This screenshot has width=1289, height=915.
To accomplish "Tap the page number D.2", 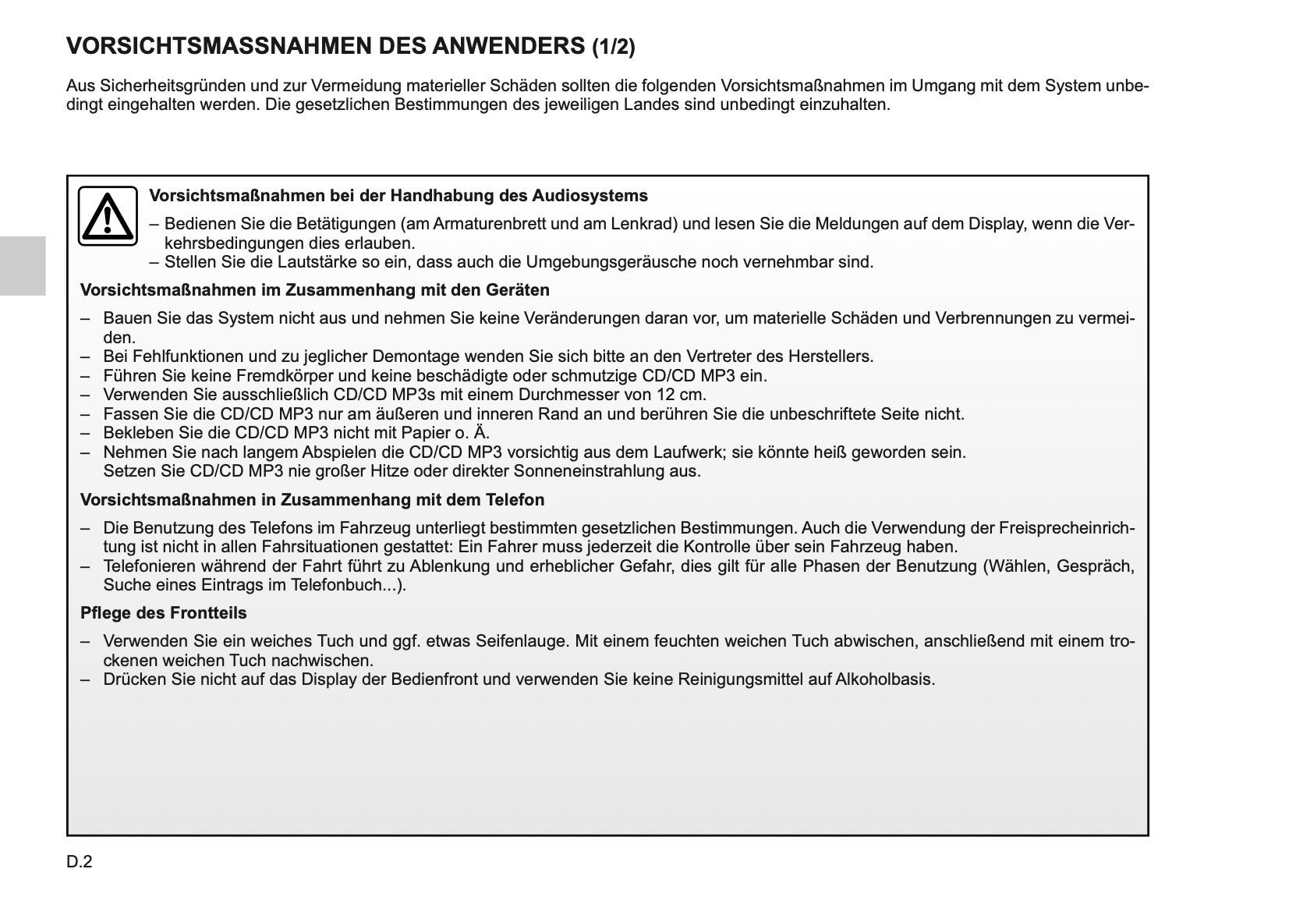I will click(x=80, y=862).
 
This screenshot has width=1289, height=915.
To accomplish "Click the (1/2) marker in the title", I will click(x=613, y=48).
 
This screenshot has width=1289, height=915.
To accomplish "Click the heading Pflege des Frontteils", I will click(x=163, y=613).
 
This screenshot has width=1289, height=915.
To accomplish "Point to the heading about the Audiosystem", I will click(x=398, y=195).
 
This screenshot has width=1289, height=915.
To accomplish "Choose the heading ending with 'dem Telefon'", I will click(x=312, y=499).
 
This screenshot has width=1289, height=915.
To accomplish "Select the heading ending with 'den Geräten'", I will click(x=314, y=290).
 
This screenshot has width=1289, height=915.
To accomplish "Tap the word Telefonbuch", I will click(x=349, y=585).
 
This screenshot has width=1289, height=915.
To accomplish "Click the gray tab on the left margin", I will click(x=23, y=265).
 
